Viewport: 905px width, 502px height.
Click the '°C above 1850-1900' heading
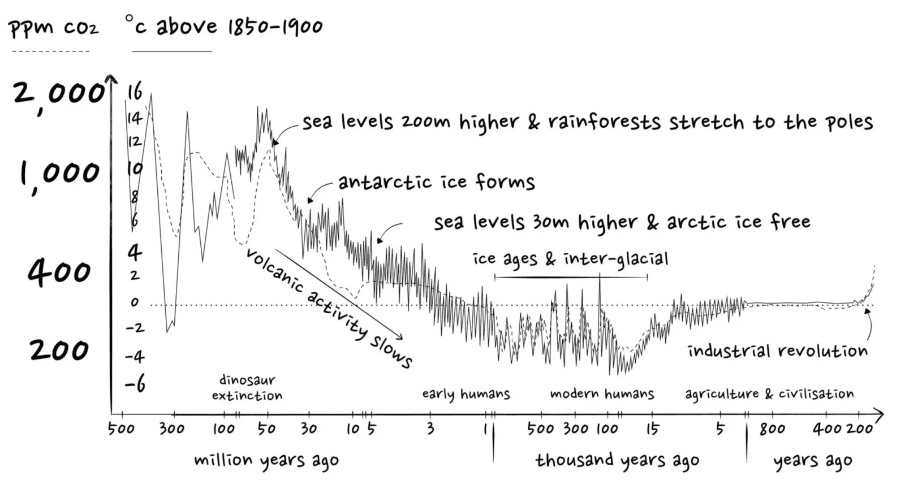224,26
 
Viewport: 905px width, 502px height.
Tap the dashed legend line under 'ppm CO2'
51,51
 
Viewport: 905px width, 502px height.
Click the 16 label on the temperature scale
135,92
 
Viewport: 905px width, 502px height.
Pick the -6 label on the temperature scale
135,384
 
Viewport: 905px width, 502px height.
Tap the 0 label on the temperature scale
135,302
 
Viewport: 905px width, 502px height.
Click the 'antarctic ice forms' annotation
436,182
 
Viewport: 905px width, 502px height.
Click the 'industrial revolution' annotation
777,351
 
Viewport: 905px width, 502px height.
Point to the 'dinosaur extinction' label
247,387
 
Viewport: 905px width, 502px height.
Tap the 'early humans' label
466,394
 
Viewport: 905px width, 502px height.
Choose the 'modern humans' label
602,394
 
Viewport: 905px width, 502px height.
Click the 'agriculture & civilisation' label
769,394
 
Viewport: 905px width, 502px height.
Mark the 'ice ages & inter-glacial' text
570,259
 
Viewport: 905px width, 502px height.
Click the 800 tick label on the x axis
772,429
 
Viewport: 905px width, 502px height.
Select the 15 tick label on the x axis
653,429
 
